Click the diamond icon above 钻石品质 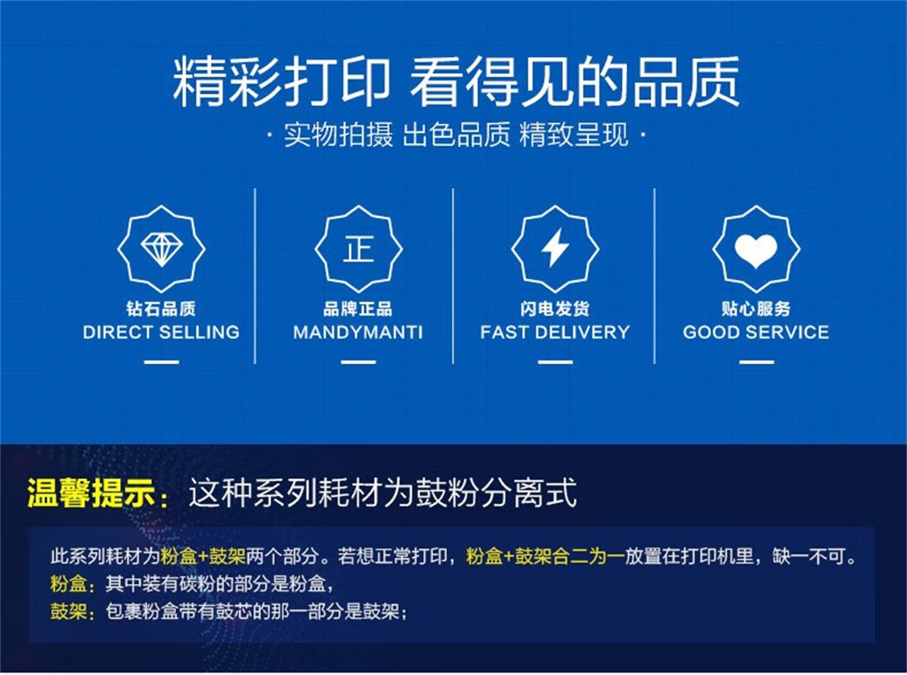(162, 249)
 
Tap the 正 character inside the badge (358, 249)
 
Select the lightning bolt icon (555, 247)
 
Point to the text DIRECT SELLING (161, 332)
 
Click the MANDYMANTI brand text (358, 332)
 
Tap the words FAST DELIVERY (555, 332)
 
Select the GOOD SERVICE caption (756, 332)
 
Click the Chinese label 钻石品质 (161, 309)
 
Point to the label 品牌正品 (358, 309)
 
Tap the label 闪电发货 (555, 309)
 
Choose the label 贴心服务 (756, 309)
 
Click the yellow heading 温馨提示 (91, 494)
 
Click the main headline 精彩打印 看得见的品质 (456, 82)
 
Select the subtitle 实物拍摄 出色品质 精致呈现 (456, 135)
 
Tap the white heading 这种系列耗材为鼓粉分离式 (382, 493)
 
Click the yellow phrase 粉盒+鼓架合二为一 (545, 556)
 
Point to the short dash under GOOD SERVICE (757, 362)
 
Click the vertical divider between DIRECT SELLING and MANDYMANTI (255, 276)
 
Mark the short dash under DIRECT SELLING (162, 362)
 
